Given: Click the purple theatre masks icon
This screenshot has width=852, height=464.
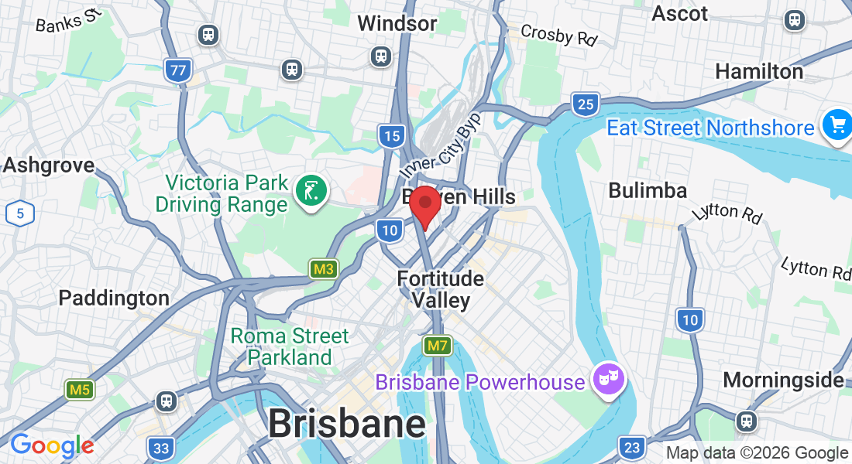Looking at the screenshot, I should point(608,379).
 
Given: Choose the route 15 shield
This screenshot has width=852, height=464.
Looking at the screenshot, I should point(392,137).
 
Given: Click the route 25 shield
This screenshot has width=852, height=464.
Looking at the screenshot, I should point(586,104).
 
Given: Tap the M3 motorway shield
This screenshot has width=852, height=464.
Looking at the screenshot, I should point(324,269).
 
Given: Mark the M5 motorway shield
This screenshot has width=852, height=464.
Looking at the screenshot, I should point(79,390).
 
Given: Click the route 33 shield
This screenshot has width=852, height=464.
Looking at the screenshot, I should point(160,448).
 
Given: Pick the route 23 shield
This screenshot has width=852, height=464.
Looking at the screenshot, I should point(632,447).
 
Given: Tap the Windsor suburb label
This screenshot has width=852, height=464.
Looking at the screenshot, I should point(397,24).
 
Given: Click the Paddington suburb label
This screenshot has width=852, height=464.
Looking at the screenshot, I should point(114,298).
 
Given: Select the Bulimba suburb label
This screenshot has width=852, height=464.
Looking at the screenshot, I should point(648,190).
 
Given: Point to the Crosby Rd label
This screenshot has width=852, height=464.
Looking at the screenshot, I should point(559,35).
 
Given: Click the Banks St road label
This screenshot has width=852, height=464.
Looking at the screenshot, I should point(69,21).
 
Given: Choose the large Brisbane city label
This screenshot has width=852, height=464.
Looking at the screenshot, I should point(347,424).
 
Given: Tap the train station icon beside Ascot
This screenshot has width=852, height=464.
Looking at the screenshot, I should point(794,20).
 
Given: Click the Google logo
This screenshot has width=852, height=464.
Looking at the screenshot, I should point(53,445).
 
